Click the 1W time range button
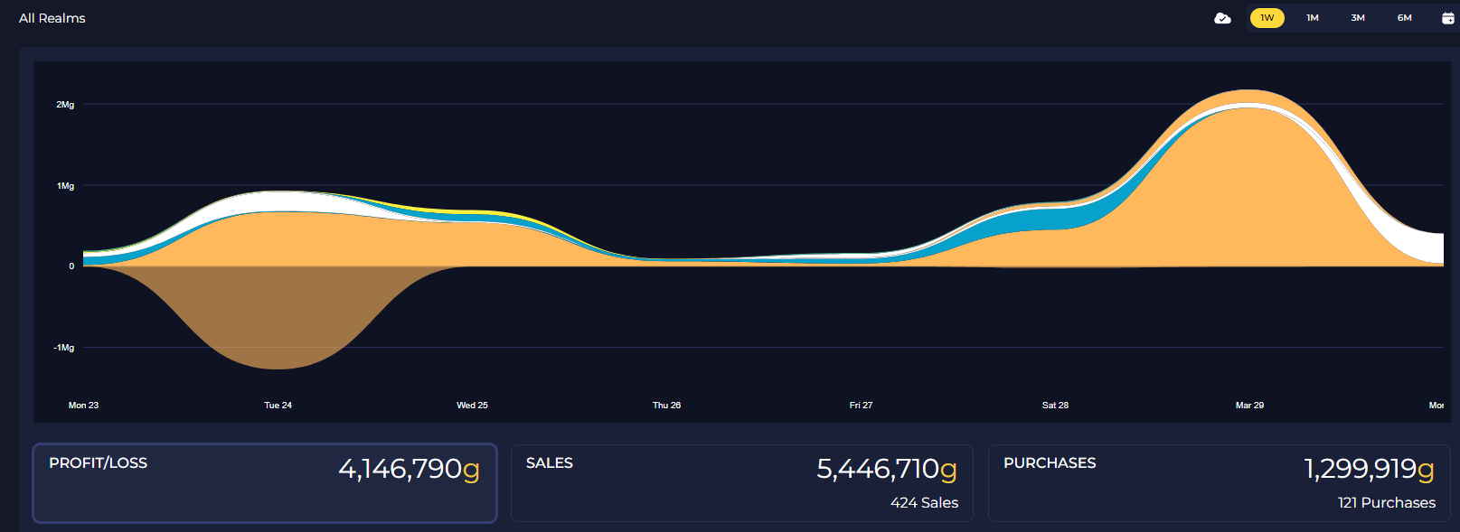coord(1267,17)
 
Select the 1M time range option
coord(1313,17)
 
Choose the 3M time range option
coord(1358,17)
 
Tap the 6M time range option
coord(1405,17)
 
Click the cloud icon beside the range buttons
coord(1223,18)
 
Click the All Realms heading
coord(52,18)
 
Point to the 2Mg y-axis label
coord(65,104)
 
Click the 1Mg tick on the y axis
coord(65,185)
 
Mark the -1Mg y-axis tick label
coord(64,348)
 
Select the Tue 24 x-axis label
coord(278,405)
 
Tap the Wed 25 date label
coord(472,405)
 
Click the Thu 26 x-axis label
coord(666,405)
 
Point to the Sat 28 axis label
coord(1055,405)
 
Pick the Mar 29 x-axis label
coord(1249,405)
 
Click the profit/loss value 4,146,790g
coord(409,469)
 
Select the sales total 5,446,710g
coord(887,469)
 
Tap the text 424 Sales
coord(924,503)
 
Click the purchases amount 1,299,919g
coord(1369,469)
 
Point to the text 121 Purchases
coord(1387,503)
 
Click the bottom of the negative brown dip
coord(278,369)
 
